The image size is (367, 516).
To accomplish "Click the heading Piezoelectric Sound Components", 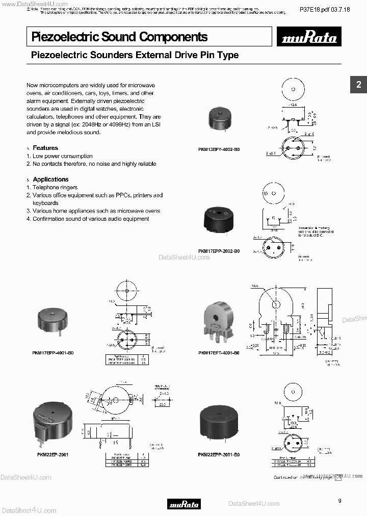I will coord(119,37).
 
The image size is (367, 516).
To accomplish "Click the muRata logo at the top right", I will coord(310,38).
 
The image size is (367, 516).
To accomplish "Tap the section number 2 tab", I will coord(358,85).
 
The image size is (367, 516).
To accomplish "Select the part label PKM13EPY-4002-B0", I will coord(219,150).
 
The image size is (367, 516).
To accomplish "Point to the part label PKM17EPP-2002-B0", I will coord(219,251).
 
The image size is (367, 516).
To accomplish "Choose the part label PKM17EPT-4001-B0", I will coord(219,352).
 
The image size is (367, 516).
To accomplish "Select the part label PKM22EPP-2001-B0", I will coord(219,454).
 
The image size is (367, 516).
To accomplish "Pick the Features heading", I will coord(45,148).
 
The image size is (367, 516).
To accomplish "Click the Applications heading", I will coord(50,179).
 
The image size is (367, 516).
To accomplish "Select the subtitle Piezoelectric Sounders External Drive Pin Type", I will coord(135,55).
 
